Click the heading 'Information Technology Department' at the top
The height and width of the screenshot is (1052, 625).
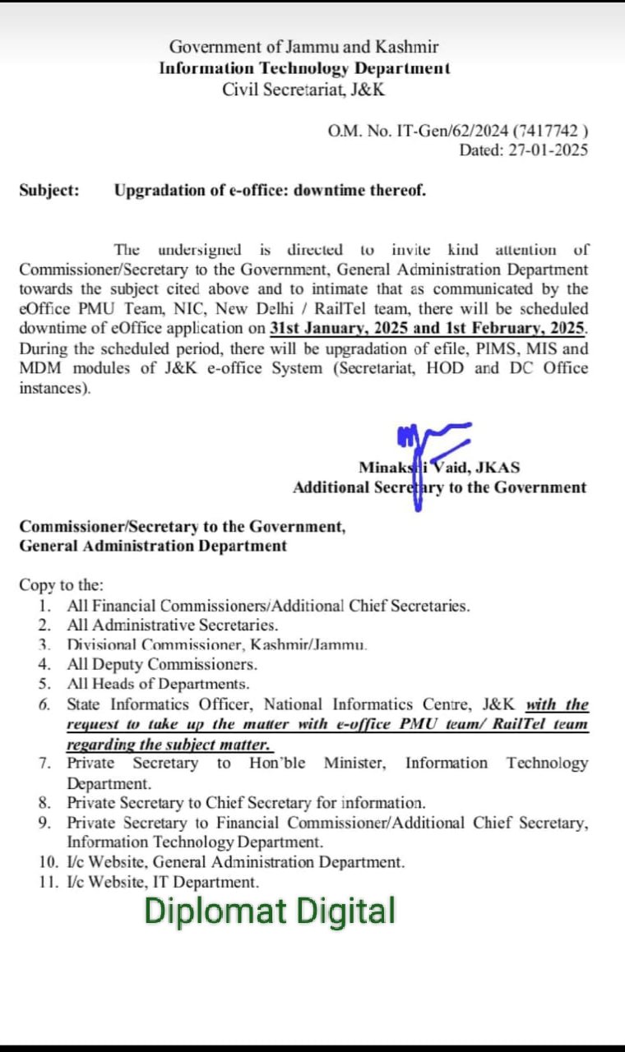(304, 69)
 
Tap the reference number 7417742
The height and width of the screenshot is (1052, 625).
(549, 130)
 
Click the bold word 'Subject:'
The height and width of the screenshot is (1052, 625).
(49, 191)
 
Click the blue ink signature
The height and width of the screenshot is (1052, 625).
(428, 456)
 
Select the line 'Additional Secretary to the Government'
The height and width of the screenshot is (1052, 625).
(439, 487)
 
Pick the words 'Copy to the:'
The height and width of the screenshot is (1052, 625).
(62, 585)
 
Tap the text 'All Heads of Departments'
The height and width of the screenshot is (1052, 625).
(158, 684)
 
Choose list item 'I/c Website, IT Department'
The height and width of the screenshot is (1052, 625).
(163, 883)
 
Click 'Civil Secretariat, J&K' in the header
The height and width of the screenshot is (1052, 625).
(303, 90)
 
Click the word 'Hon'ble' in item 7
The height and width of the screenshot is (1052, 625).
(277, 764)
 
